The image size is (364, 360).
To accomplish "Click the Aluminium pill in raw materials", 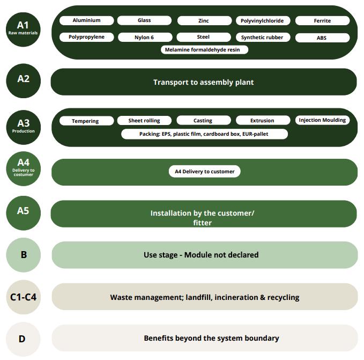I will point(87,20).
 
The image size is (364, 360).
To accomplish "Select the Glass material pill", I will point(144,20).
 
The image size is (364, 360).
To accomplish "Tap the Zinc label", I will point(204,21).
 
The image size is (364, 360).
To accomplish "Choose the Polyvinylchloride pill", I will point(263,21).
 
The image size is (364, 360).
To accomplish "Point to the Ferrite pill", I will point(322,21).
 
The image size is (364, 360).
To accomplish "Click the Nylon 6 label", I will point(144,38).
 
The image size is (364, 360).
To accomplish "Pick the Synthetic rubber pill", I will point(262,38).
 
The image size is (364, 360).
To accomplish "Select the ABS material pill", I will point(322,38).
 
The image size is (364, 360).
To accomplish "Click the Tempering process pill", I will point(86,121).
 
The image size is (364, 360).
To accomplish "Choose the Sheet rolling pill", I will point(144,121).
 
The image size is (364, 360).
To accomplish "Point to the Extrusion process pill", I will point(262,121).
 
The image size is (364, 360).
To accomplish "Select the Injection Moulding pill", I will point(322,120).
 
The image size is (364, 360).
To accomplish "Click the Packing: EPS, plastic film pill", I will point(204,134).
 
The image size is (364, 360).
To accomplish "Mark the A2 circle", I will point(23,79).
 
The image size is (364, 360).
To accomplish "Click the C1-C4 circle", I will point(23,296).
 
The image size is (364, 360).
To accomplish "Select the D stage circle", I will point(23,339).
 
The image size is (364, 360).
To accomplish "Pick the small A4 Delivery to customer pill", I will point(204,172).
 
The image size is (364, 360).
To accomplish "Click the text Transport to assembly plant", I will point(203,82).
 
